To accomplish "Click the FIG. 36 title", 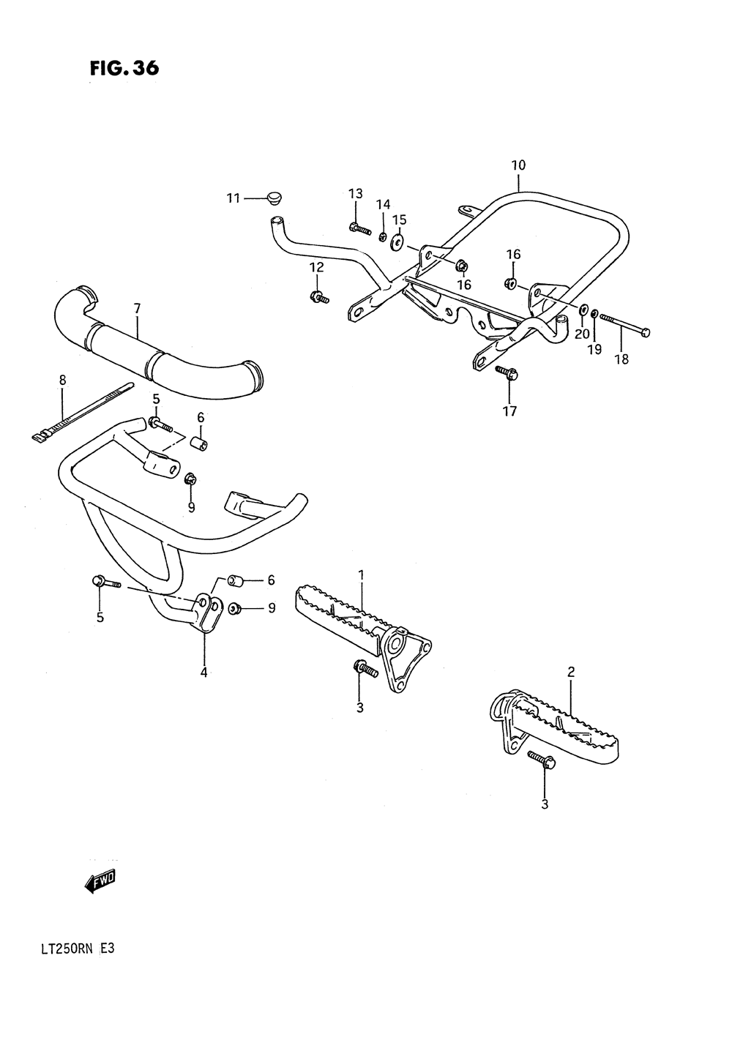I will (124, 68).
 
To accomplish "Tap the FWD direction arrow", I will (100, 882).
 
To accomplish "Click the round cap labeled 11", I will (275, 198).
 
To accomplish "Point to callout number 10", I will (518, 166).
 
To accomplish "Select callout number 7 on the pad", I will (137, 309).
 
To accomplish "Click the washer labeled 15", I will (397, 242).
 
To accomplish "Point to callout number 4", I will (204, 672).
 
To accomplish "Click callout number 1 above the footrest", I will (361, 576).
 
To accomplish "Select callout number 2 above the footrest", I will (571, 671).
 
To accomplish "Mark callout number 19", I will (594, 350).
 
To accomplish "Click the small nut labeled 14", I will (382, 235).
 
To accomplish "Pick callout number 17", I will (509, 411).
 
